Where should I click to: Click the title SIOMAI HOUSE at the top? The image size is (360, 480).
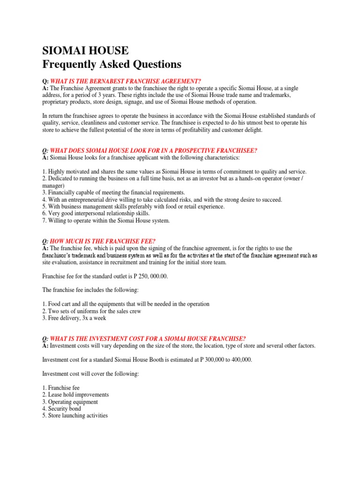coord(85,50)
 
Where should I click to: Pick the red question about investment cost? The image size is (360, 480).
coord(147,339)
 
